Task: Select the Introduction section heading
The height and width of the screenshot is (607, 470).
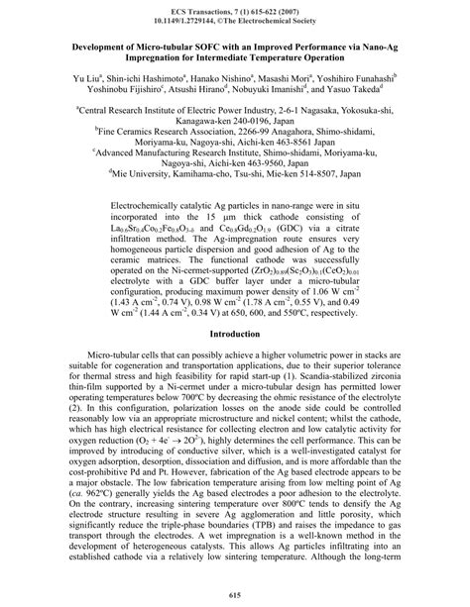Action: point(235,279)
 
